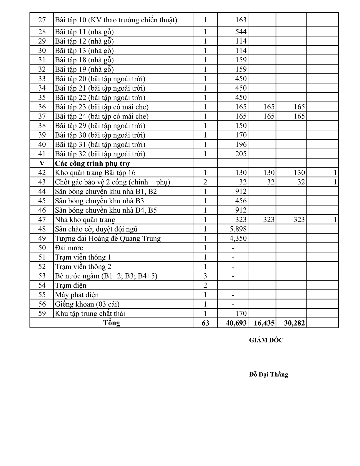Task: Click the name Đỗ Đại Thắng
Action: [x=268, y=375]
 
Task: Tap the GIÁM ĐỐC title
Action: [x=266, y=340]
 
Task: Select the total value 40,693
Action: [x=236, y=323]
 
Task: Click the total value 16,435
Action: [x=264, y=323]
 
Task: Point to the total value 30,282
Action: [x=294, y=323]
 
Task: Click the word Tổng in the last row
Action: [x=111, y=323]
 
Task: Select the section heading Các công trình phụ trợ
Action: [x=92, y=163]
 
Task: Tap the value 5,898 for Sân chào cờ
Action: [x=238, y=229]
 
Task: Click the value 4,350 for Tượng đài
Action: [x=238, y=238]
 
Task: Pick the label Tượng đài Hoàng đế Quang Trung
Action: [x=108, y=238]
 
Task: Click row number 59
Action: [x=42, y=313]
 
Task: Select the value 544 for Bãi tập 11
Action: [x=241, y=32]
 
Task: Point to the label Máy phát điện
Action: [x=77, y=295]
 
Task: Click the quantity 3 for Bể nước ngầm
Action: [x=205, y=276]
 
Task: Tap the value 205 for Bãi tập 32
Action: [x=241, y=154]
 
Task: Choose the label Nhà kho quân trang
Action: [x=85, y=219]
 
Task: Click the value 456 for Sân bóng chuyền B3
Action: [x=241, y=201]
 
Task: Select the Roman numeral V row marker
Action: [x=42, y=163]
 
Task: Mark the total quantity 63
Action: [x=205, y=323]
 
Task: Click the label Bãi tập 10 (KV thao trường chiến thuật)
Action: [x=116, y=20]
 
